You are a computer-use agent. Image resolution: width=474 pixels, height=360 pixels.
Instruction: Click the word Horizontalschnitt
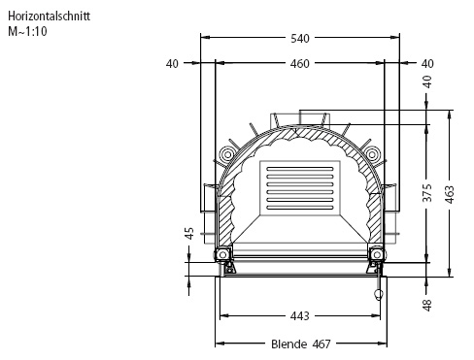[x=49, y=16]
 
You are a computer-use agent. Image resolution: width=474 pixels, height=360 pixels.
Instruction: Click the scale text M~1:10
[x=27, y=31]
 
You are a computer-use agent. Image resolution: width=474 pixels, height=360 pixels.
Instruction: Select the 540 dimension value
[x=300, y=39]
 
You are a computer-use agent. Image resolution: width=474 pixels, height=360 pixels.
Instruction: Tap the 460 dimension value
[x=300, y=64]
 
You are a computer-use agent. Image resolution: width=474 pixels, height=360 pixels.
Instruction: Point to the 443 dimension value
[x=300, y=315]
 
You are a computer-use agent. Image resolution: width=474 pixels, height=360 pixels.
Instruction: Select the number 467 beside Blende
[x=322, y=344]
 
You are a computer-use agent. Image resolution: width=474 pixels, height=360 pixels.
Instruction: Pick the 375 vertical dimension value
[x=427, y=192]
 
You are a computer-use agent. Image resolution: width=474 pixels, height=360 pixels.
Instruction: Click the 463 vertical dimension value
[x=450, y=194]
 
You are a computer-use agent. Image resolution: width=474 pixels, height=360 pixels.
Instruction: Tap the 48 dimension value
[x=427, y=306]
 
